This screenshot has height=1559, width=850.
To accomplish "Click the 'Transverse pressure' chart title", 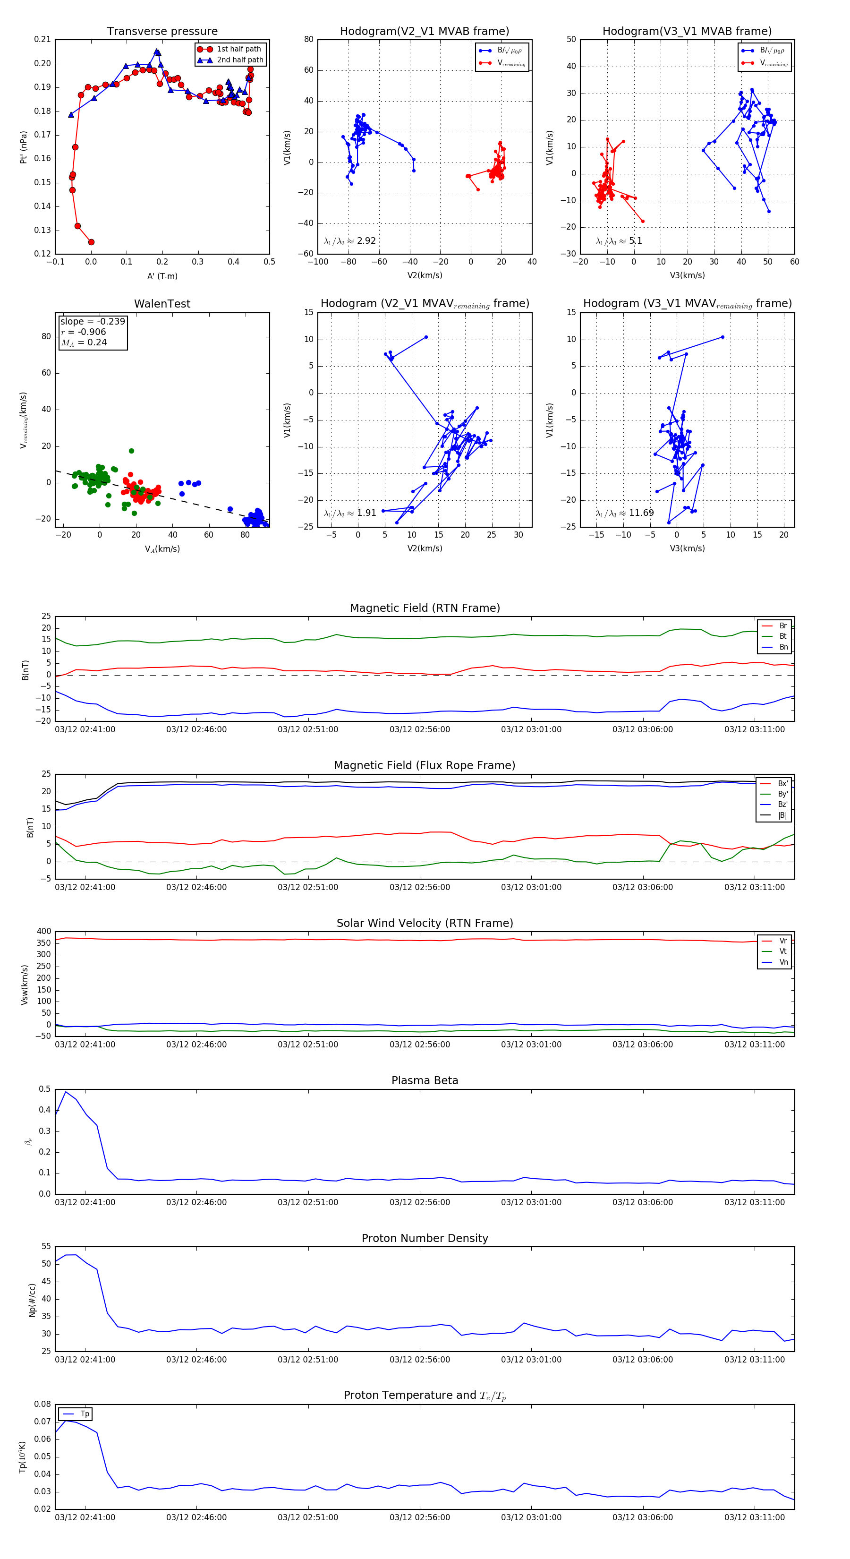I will coord(162,32).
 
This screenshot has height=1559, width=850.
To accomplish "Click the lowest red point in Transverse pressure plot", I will coord(91,242).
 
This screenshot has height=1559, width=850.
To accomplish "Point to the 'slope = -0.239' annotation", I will coord(93,321).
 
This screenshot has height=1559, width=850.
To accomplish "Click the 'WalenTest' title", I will coord(162,304).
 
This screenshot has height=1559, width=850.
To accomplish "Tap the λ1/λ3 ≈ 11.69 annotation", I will coord(624,513).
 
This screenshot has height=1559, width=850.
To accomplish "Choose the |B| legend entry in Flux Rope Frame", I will coord(782,815).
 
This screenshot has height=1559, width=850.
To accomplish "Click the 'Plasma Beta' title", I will coord(425,1081).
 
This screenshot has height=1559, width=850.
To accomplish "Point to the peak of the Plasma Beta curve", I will coord(66,1092).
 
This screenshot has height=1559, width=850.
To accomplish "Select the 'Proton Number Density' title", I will coord(425,1238).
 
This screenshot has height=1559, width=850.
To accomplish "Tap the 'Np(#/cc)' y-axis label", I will coord(32,1300).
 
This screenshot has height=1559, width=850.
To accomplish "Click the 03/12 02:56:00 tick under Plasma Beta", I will coord(419,1202).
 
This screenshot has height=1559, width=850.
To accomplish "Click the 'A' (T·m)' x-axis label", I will coord(162,276).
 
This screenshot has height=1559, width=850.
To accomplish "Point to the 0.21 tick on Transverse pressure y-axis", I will coord(42,39).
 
